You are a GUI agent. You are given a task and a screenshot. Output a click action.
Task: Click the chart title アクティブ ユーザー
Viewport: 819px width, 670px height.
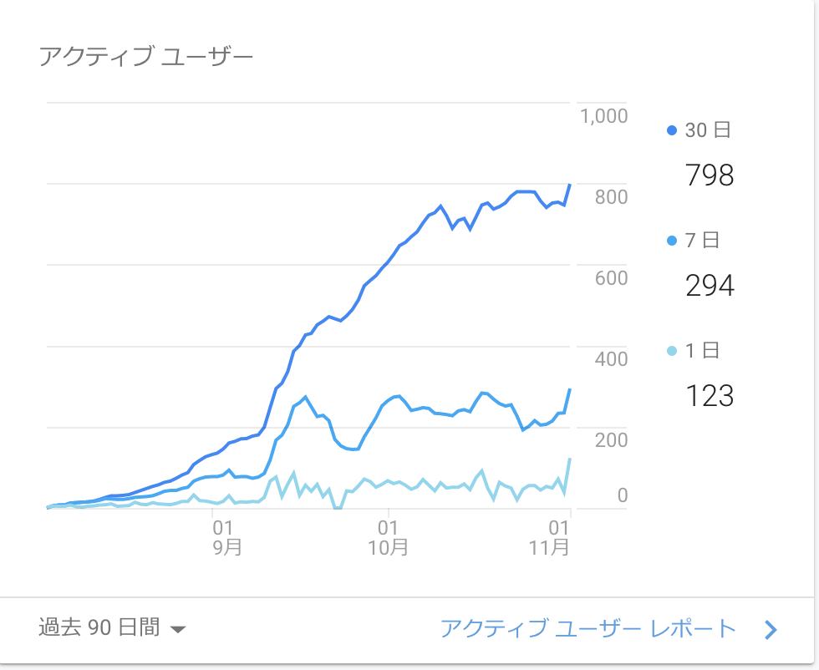[145, 57]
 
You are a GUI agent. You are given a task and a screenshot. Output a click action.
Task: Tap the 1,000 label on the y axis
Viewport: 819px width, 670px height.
[603, 115]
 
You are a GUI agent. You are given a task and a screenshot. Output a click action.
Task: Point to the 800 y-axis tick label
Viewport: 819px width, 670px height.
[611, 197]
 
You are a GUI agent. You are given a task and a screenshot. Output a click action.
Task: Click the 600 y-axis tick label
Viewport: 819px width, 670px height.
[611, 278]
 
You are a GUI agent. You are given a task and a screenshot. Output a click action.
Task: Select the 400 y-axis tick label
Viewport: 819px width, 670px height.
[611, 359]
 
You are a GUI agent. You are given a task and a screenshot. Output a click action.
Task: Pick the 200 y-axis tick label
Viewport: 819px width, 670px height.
[611, 440]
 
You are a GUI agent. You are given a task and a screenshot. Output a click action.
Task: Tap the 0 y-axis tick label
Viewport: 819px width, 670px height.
[622, 496]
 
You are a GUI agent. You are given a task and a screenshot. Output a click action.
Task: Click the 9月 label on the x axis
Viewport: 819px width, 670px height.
[222, 548]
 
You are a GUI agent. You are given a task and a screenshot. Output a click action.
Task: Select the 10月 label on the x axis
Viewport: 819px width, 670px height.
[388, 548]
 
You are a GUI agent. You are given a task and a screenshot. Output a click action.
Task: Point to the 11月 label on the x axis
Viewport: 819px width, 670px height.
[550, 548]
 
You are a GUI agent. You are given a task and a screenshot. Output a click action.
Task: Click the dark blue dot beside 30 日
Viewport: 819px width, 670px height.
[672, 130]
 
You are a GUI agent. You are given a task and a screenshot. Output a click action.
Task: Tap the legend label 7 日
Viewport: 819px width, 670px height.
[702, 241]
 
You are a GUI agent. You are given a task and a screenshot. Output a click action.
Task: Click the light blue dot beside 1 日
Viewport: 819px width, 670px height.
[672, 351]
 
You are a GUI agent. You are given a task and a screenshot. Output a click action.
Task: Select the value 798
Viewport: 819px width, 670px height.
[709, 175]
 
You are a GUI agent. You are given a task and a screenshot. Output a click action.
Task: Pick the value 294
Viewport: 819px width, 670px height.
[709, 286]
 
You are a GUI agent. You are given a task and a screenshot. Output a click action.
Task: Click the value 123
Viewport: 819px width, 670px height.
[709, 395]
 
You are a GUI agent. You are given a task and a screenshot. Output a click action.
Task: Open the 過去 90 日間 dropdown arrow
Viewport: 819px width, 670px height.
[177, 629]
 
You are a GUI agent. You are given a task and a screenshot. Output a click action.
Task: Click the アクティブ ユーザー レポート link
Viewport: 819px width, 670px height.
[588, 628]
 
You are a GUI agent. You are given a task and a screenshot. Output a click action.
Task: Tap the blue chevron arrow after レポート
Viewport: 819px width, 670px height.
[771, 630]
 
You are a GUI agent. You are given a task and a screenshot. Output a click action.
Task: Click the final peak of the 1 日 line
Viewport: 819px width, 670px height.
[570, 459]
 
